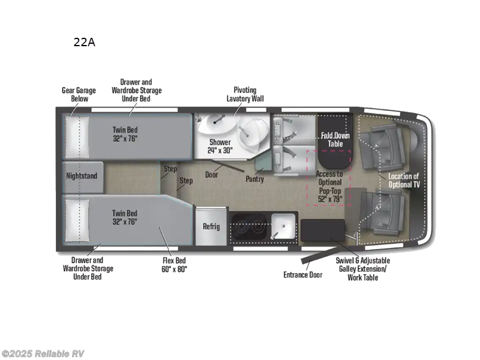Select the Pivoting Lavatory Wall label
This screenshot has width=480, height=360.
point(245,94)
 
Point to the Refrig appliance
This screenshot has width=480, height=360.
point(211,226)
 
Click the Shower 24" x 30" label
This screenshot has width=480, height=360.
point(220,146)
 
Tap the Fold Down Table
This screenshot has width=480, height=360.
point(335,139)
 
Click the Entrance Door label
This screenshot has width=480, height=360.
point(302,275)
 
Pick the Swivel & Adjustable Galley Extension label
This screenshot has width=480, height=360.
point(362,269)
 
